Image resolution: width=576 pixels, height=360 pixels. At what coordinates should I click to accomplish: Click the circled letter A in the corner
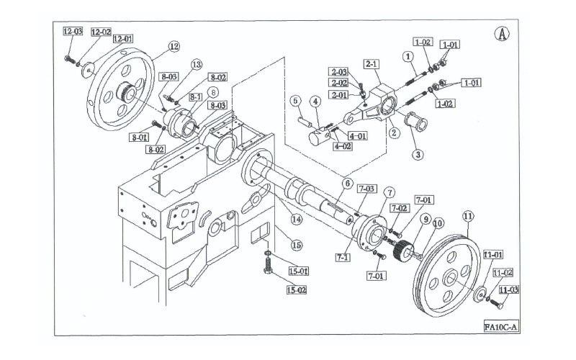pos(502,34)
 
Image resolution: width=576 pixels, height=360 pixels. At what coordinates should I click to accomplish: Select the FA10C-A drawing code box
pos(500,327)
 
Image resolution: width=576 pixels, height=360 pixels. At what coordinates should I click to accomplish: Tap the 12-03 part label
pos(73,31)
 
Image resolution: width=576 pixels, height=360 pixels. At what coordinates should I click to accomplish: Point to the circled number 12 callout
pos(174,46)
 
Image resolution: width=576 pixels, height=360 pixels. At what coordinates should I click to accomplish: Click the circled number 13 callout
pos(197,65)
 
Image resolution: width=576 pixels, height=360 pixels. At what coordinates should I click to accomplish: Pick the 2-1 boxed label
pos(372,64)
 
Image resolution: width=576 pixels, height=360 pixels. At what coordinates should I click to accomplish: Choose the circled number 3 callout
pos(418,154)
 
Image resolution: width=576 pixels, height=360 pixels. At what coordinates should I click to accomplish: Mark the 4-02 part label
pos(343,146)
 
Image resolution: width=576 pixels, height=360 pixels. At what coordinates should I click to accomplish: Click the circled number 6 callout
pos(348,183)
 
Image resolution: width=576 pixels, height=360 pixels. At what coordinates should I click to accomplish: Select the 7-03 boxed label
pos(366,189)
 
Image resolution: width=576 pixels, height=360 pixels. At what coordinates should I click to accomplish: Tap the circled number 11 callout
pos(467,216)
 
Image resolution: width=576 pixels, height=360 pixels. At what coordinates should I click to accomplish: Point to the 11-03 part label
pos(508,290)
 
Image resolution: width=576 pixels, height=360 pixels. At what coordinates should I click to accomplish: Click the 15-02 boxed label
pos(297,290)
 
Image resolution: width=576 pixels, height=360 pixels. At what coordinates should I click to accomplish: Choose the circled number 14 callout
pos(297,220)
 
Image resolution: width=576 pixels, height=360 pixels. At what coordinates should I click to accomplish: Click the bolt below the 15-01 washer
pos(268,265)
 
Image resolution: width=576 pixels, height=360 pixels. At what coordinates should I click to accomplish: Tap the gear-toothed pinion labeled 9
pos(400,250)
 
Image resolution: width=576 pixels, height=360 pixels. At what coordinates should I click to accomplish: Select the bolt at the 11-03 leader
pos(497,304)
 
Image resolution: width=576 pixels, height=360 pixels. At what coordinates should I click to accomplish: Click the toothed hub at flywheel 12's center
pos(125,92)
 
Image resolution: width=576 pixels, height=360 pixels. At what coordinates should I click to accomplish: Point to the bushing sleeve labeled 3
pos(415,121)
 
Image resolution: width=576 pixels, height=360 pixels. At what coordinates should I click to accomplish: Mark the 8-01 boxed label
pos(139,138)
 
